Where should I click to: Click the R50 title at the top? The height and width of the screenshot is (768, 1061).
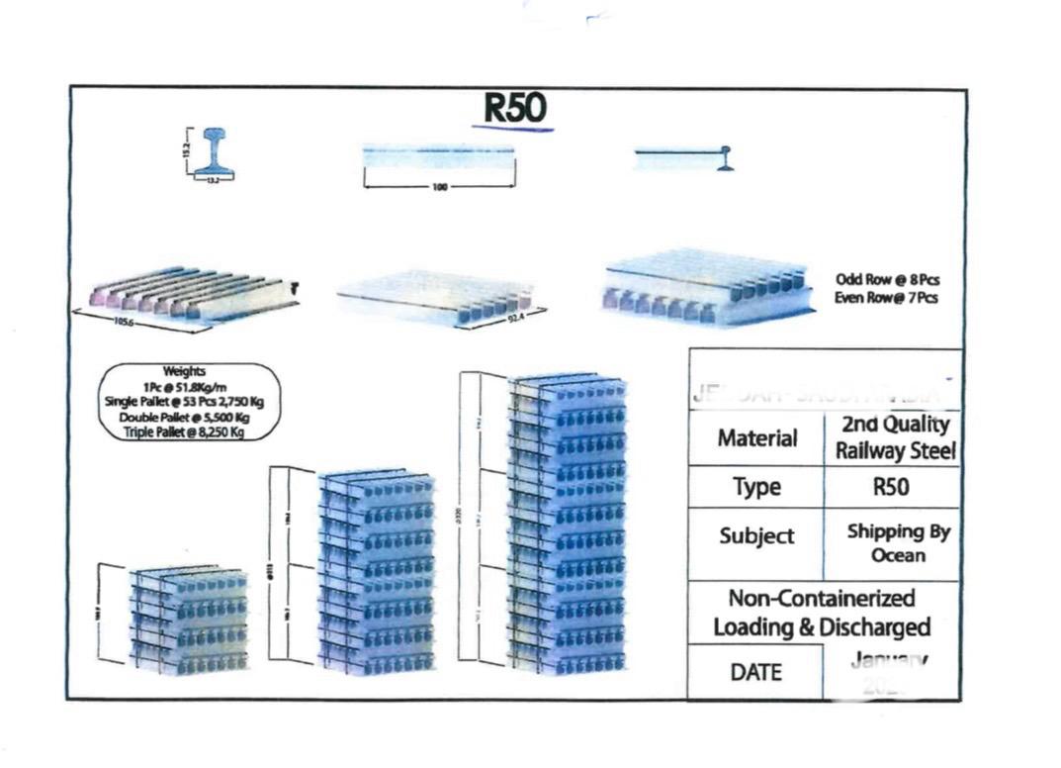click(513, 109)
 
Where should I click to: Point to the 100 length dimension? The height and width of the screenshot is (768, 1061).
click(439, 185)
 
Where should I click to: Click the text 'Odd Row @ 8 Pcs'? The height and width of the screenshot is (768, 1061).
click(886, 280)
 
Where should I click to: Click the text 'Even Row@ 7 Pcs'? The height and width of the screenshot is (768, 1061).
click(886, 298)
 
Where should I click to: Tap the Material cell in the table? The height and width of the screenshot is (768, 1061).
click(756, 437)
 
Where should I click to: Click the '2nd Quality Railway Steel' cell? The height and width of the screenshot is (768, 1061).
click(892, 437)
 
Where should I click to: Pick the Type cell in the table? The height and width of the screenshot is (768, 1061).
click(756, 487)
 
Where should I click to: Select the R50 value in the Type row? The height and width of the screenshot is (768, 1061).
click(892, 487)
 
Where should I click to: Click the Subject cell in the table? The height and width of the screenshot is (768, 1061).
click(756, 535)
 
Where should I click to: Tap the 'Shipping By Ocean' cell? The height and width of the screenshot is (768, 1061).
click(897, 542)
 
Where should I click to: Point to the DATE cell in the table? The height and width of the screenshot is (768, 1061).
click(756, 672)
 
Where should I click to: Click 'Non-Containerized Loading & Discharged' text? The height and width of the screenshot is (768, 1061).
click(822, 613)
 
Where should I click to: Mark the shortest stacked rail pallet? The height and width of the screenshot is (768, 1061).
click(188, 619)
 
